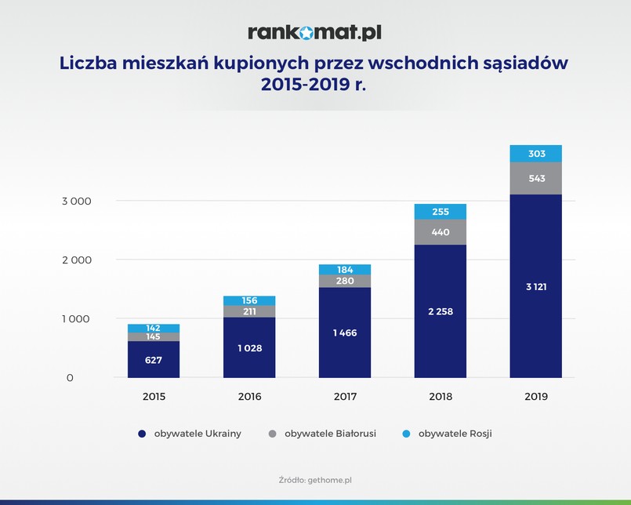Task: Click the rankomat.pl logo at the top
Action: pos(314,32)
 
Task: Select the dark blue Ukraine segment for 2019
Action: pos(535,286)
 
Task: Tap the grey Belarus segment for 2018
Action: pos(440,232)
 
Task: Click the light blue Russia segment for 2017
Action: pos(344,270)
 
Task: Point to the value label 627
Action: pos(153,361)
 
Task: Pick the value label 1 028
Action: pos(248,347)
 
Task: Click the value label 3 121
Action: pos(535,286)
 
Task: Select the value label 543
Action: pos(535,179)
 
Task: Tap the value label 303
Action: pos(535,154)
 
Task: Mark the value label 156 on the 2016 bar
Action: pos(248,300)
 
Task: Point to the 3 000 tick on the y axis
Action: pos(78,201)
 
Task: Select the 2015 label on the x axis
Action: pos(153,397)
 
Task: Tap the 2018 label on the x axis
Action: pos(440,397)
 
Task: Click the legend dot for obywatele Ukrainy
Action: pos(142,434)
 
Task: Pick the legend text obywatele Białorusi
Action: pos(330,434)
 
